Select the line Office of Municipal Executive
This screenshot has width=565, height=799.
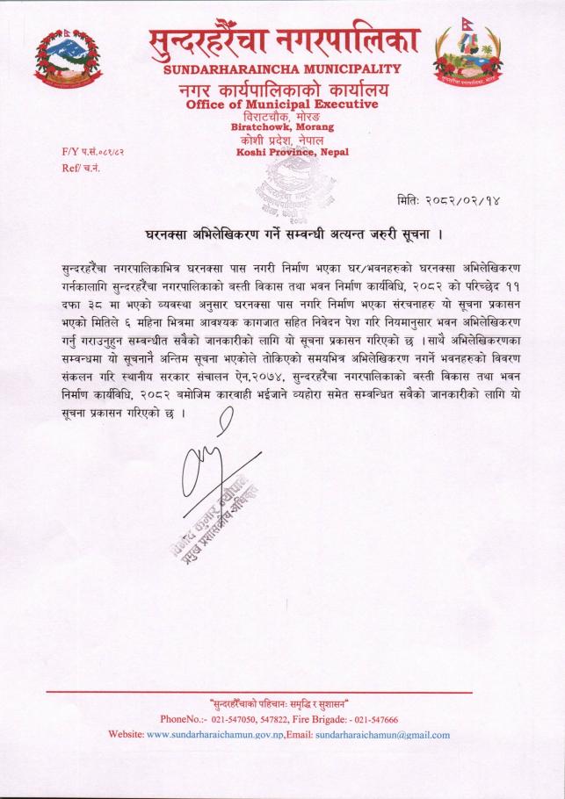(282, 104)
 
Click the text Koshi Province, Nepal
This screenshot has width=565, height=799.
(293, 152)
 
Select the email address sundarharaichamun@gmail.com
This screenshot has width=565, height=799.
(382, 734)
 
